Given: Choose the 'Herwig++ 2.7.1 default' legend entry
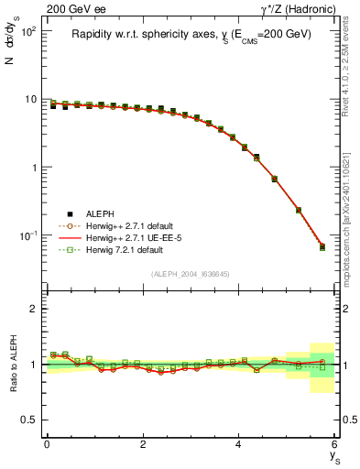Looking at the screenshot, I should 128,225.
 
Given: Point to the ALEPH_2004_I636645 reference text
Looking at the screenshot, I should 191,275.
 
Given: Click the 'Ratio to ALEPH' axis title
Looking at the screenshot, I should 13,364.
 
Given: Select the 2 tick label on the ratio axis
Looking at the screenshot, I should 36,309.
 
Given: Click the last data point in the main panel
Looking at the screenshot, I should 322,246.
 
